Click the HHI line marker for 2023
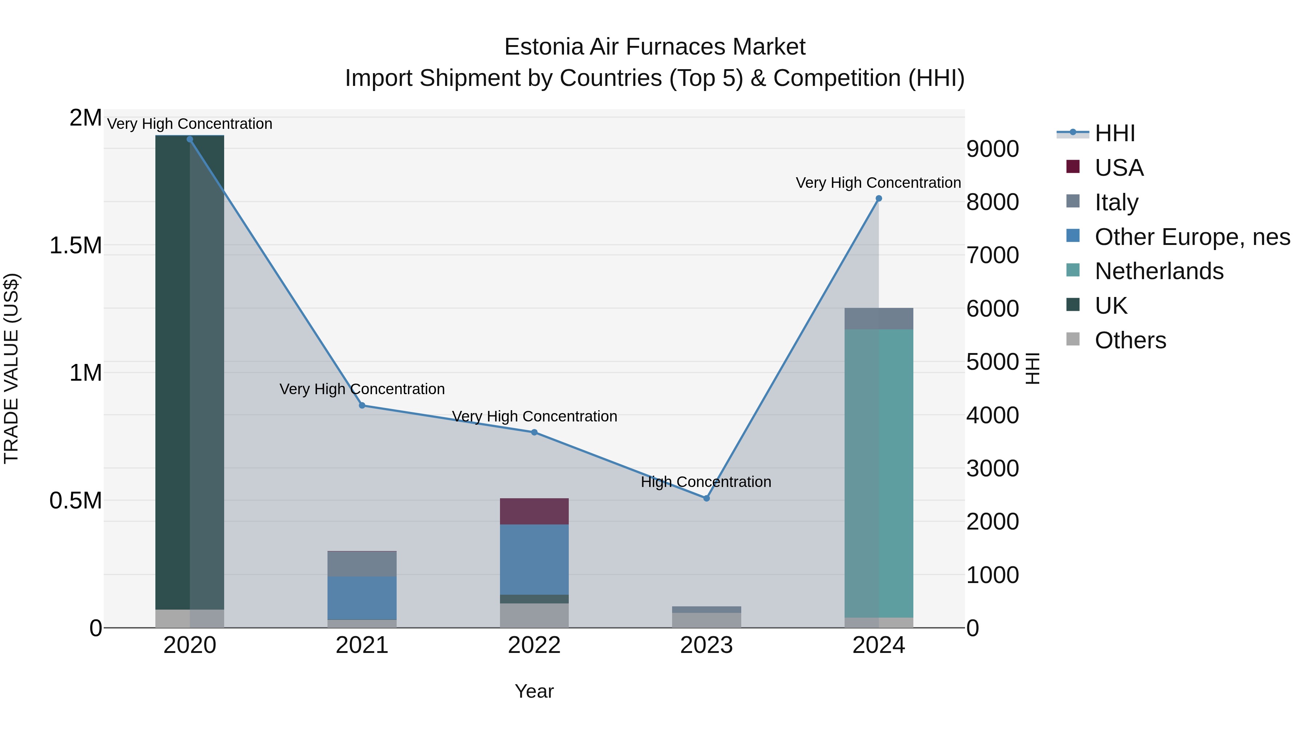(706, 499)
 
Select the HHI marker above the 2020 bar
(190, 139)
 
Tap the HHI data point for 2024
(879, 199)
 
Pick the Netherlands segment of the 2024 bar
(879, 473)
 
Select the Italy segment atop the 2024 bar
(879, 318)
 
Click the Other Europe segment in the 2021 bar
(362, 598)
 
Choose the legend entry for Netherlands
(1159, 271)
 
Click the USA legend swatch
(1073, 167)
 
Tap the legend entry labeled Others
(1130, 340)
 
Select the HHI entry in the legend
(1115, 133)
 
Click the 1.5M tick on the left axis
(75, 246)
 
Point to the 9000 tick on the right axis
(992, 149)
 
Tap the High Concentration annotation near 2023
(706, 482)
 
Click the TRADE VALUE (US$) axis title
(11, 368)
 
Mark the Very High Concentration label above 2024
(878, 183)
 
